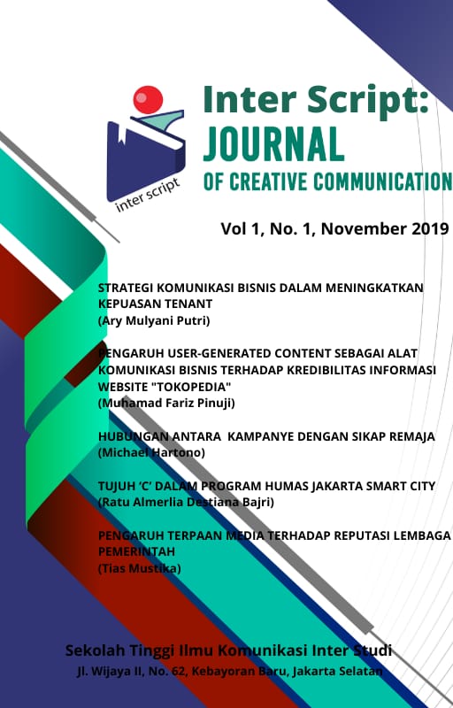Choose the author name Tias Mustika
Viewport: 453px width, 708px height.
(x=139, y=567)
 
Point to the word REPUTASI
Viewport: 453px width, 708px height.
(x=338, y=535)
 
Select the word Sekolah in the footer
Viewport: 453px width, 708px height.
(x=96, y=651)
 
